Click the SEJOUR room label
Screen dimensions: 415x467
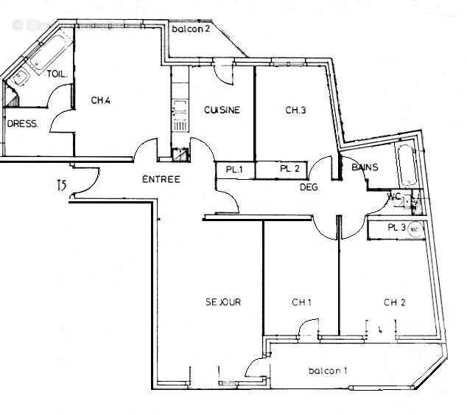pos(223,301)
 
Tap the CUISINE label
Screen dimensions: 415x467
pos(222,111)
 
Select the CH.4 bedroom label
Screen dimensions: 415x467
pos(102,101)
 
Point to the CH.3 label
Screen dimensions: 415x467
pos(295,111)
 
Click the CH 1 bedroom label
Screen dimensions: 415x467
pos(302,301)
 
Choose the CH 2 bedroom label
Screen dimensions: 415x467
pos(395,301)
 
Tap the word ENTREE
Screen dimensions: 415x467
pos(161,179)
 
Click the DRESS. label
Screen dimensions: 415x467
pos(22,124)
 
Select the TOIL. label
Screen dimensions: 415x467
pos(57,74)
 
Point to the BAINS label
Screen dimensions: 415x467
pos(365,168)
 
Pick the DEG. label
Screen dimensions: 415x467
pos(309,188)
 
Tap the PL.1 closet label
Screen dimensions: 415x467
pos(235,170)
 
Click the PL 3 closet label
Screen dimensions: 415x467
pos(397,228)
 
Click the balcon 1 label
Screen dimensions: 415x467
pos(328,370)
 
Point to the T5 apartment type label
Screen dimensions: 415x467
pos(61,186)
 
